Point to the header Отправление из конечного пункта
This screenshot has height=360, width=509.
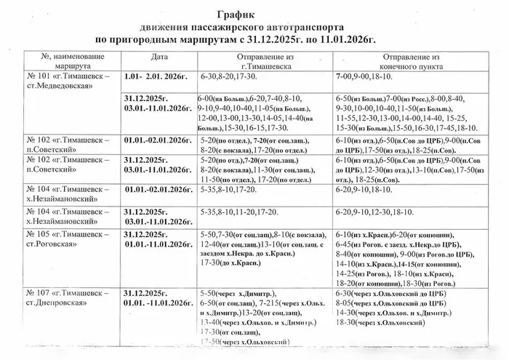tap(412, 61)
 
